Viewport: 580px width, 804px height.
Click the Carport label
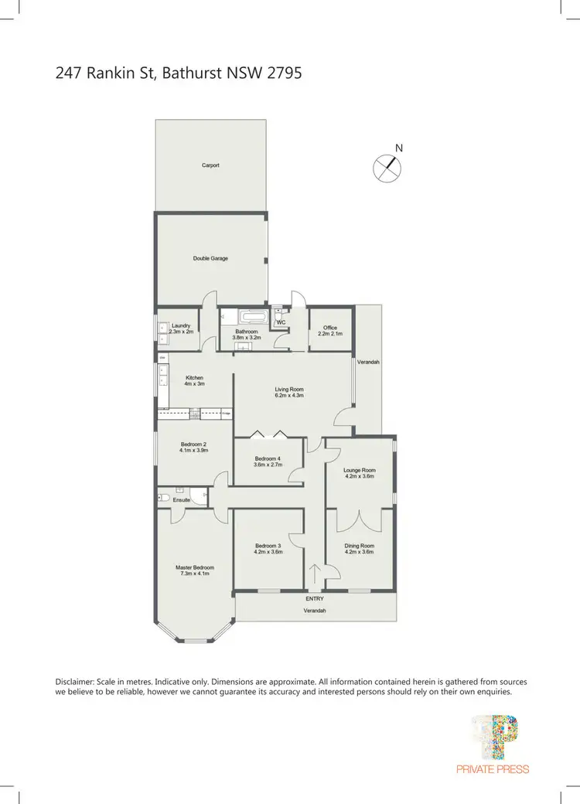(x=210, y=165)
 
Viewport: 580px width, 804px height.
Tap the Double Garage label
(x=210, y=258)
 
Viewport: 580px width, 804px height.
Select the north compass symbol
(x=389, y=167)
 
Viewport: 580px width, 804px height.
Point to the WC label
(x=281, y=322)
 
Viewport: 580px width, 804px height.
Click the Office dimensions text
(x=330, y=334)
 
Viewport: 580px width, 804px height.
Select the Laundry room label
(x=181, y=326)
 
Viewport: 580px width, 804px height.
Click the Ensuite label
(x=181, y=500)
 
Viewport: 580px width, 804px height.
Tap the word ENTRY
(x=315, y=598)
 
